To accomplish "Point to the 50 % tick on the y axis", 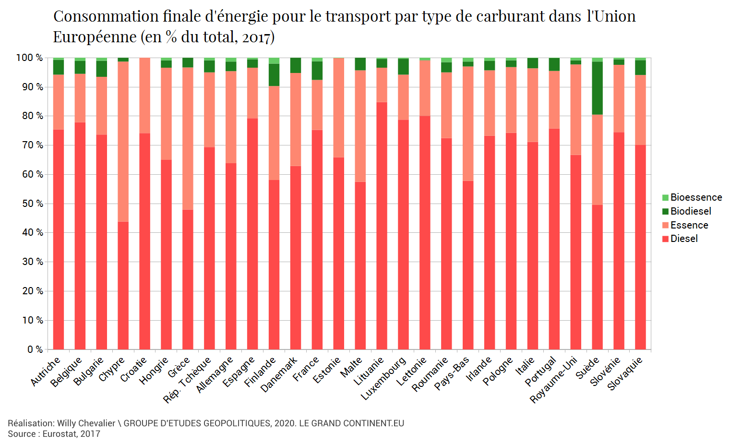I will [x=32, y=204].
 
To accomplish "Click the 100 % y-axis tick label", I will [x=30, y=58].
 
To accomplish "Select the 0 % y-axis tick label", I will [x=35, y=349].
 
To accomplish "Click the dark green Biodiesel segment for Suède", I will [x=597, y=88].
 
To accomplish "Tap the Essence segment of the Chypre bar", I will [x=123, y=142].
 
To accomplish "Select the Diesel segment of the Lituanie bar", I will [x=382, y=226].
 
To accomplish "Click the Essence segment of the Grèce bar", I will [x=188, y=138].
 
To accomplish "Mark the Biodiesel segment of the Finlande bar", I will [x=274, y=75].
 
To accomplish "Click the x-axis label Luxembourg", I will [x=384, y=378].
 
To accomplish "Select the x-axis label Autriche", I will [x=46, y=371].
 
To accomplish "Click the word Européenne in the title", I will [x=95, y=37].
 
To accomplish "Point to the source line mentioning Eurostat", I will [x=54, y=434].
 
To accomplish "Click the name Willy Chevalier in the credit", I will [x=86, y=423].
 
